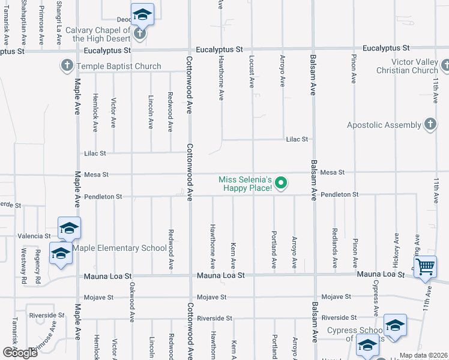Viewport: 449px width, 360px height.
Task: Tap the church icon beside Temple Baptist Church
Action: [x=67, y=65]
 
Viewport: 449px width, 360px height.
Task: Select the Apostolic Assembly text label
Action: [x=384, y=125]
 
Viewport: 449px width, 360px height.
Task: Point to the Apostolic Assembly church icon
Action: [x=430, y=124]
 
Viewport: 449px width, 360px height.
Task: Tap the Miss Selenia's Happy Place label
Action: [x=246, y=184]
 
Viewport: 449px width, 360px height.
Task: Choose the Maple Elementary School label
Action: [x=120, y=248]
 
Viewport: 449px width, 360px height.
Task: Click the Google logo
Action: [x=19, y=352]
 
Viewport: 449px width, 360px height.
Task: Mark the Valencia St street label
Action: [x=35, y=236]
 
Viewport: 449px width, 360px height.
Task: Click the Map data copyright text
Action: [x=423, y=355]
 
